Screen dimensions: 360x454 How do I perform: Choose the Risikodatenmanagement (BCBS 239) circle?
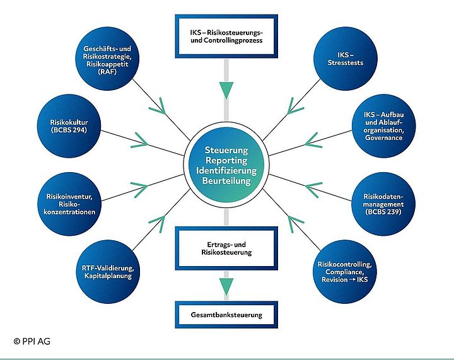click(x=383, y=204)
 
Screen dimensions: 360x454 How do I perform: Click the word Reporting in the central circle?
click(x=227, y=161)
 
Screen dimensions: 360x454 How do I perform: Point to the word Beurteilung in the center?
click(x=227, y=180)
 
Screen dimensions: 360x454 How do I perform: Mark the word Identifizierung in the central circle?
click(x=227, y=171)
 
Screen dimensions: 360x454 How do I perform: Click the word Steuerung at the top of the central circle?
click(x=227, y=151)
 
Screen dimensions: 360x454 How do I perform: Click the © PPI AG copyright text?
click(x=32, y=341)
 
